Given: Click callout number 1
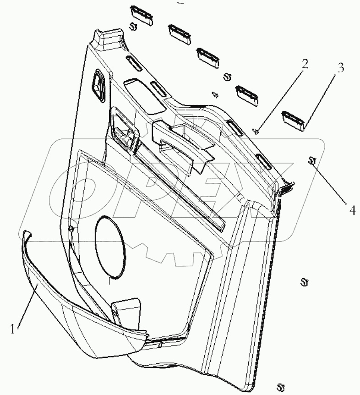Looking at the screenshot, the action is [x=14, y=328].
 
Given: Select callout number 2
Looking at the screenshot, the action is [x=304, y=64].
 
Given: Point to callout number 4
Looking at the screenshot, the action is [x=352, y=210].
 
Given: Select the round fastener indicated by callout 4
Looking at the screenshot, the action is [x=312, y=160].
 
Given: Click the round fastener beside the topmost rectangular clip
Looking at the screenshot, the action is [x=133, y=26].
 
